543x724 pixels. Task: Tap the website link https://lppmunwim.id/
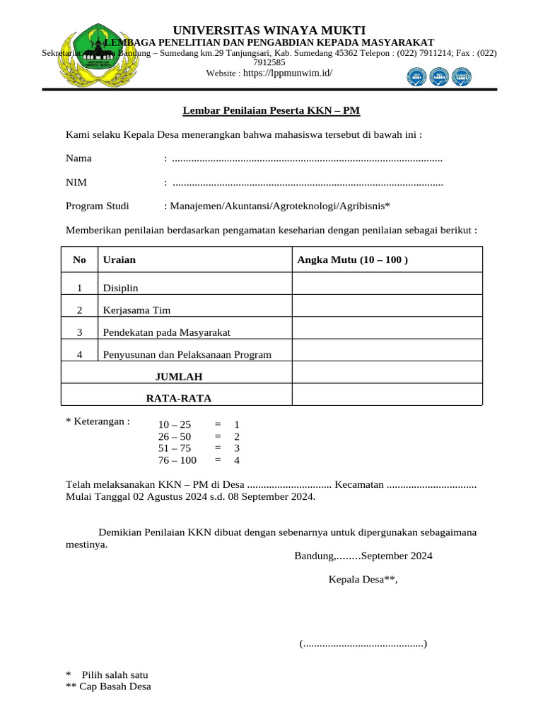tap(287, 73)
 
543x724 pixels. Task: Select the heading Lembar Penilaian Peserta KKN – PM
tap(271, 110)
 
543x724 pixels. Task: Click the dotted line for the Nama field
tap(307, 158)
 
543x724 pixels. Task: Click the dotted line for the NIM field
tap(307, 183)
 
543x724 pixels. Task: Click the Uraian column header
tap(119, 260)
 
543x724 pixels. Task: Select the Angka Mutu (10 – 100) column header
tap(352, 260)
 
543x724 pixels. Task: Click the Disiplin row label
tap(121, 288)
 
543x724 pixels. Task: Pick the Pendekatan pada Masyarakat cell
tap(167, 332)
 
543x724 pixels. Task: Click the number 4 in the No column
tap(80, 354)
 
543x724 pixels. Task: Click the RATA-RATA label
tap(178, 398)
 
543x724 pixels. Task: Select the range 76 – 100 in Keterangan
tap(177, 460)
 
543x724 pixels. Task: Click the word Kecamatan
tap(359, 484)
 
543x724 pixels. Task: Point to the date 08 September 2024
tap(269, 496)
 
